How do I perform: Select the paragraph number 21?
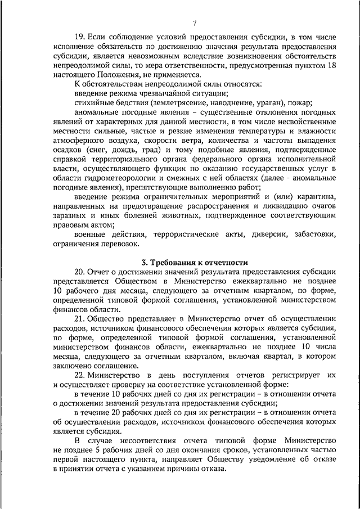click(80, 318)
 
